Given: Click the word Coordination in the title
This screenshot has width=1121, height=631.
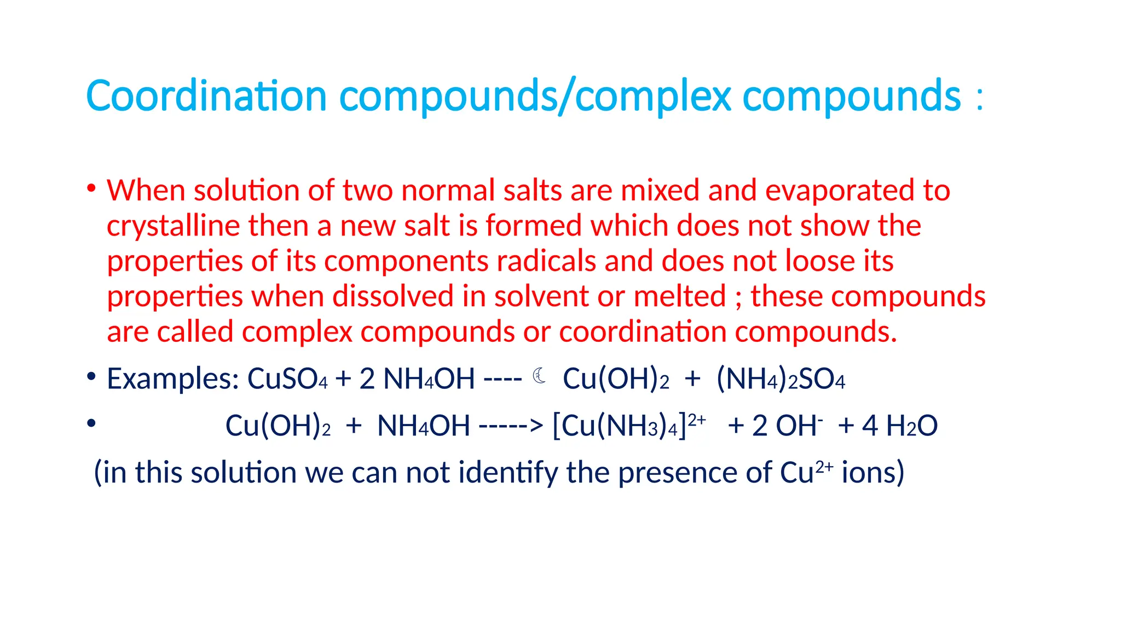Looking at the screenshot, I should pos(206,96).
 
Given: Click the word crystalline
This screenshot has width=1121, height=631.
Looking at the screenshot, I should pos(173,226).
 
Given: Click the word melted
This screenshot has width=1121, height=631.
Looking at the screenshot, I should pos(679,296).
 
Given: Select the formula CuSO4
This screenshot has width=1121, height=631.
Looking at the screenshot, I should pos(287,378).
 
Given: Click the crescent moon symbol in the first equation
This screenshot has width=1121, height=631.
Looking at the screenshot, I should pos(539,376).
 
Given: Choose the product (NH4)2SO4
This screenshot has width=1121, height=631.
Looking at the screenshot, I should pos(781,378).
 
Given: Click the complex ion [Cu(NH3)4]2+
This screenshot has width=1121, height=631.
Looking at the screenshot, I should pos(629,425).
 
